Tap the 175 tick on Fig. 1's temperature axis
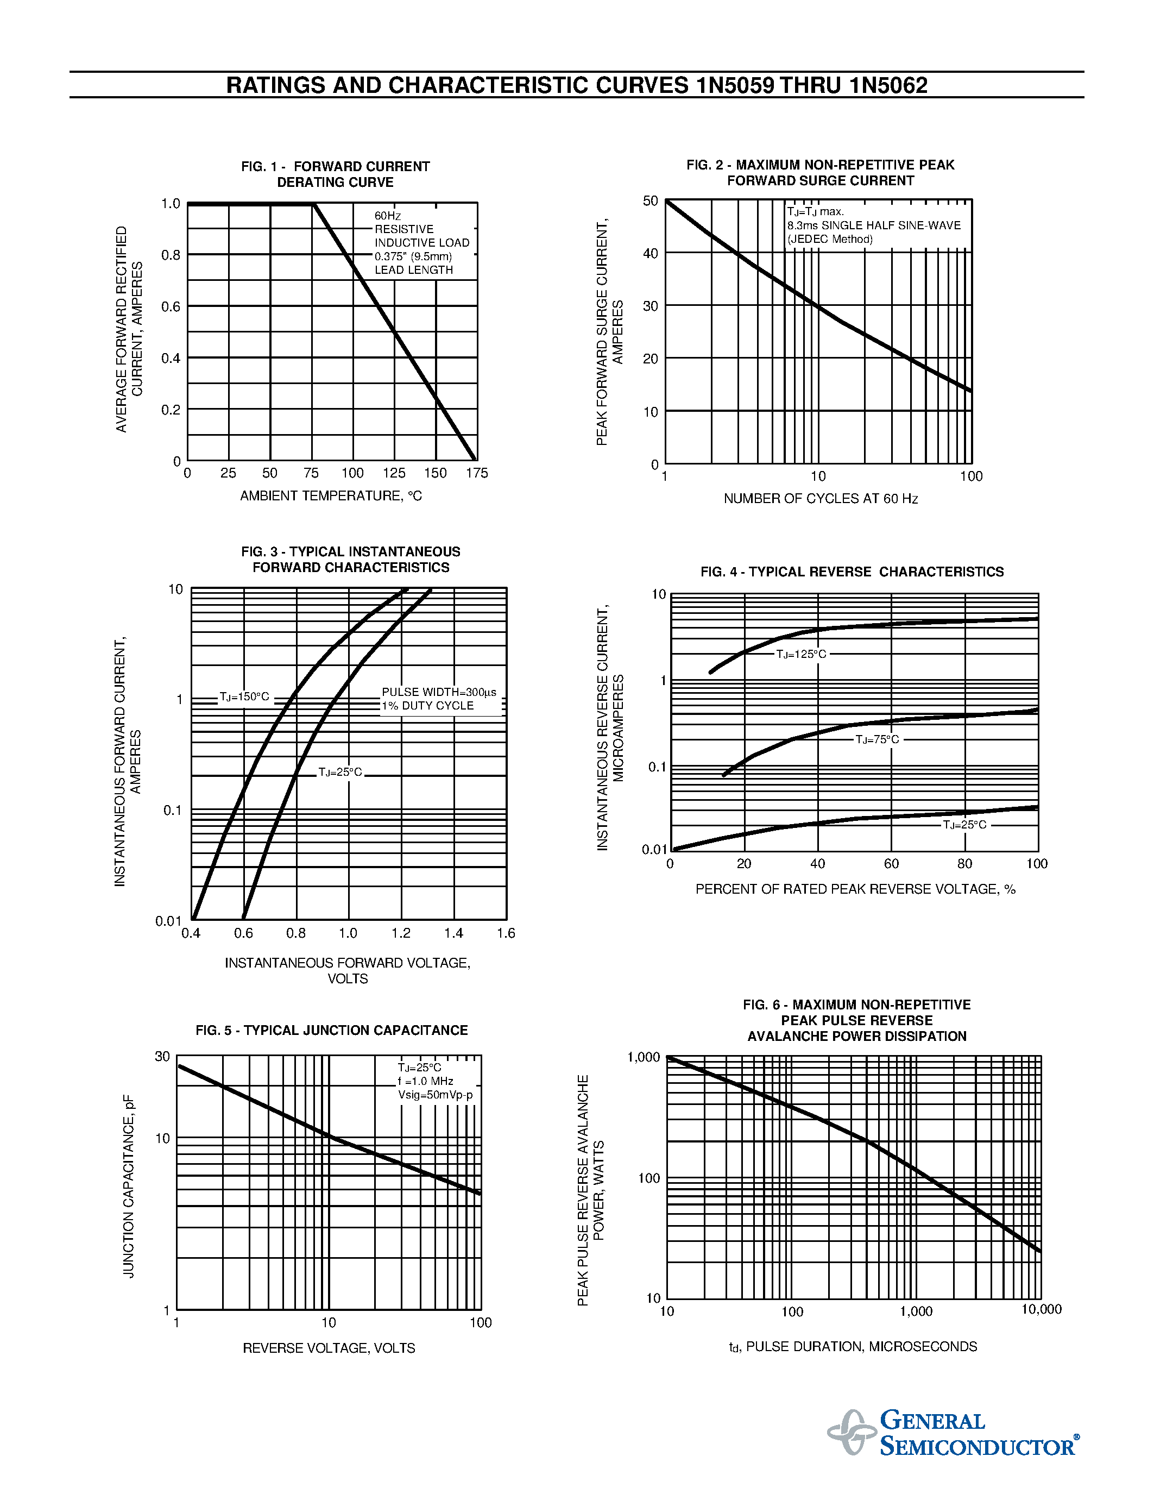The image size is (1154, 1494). tap(476, 473)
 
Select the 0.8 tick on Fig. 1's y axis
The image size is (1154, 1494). tap(170, 255)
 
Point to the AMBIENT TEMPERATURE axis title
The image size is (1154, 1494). tap(331, 496)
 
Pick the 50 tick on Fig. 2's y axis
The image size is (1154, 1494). tap(650, 201)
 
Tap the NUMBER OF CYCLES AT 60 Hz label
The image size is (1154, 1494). tap(821, 499)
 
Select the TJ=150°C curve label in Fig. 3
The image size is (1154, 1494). tap(244, 697)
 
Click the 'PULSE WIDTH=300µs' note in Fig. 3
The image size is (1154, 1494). tap(439, 692)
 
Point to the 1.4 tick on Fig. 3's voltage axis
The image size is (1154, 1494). tap(453, 933)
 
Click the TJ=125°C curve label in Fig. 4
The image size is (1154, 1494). tap(800, 655)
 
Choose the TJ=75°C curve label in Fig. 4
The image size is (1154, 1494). tap(877, 739)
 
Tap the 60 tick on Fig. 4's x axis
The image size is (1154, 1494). tap(891, 864)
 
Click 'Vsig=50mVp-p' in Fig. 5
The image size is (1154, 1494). tap(436, 1095)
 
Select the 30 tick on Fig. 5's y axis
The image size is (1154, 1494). tap(162, 1057)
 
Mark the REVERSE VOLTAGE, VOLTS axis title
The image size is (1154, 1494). tap(329, 1348)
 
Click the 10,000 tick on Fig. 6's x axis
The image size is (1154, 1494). tap(1041, 1309)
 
